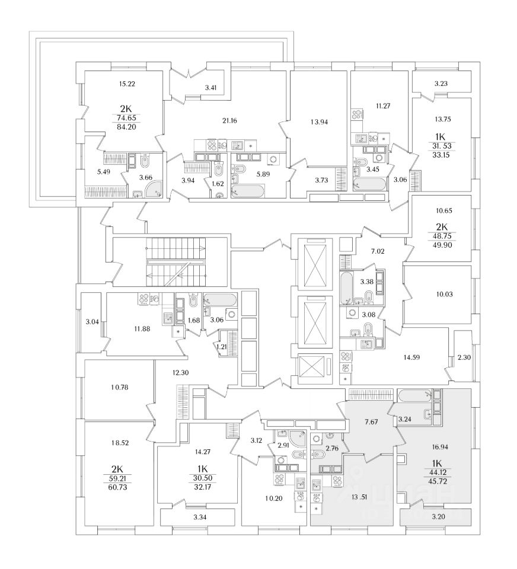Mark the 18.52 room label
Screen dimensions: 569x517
119,443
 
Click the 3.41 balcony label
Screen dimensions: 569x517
210,88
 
